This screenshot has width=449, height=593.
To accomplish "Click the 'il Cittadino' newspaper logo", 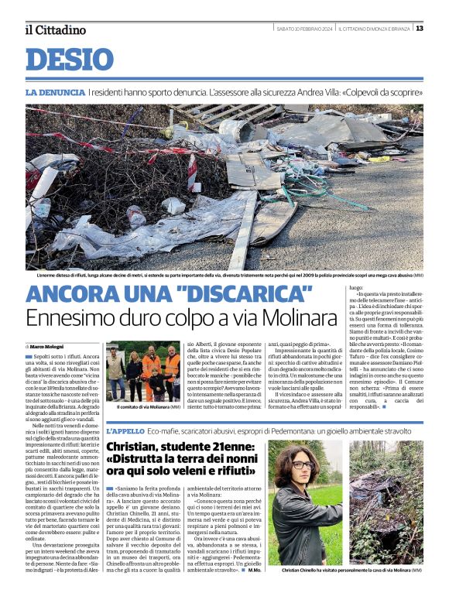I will (x=55, y=29).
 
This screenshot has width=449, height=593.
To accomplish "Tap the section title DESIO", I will (x=70, y=60).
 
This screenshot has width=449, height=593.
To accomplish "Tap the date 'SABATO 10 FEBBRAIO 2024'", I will (x=305, y=29).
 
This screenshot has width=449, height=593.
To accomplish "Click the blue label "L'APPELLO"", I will (x=124, y=430).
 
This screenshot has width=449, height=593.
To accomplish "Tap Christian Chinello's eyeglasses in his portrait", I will (x=302, y=465).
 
